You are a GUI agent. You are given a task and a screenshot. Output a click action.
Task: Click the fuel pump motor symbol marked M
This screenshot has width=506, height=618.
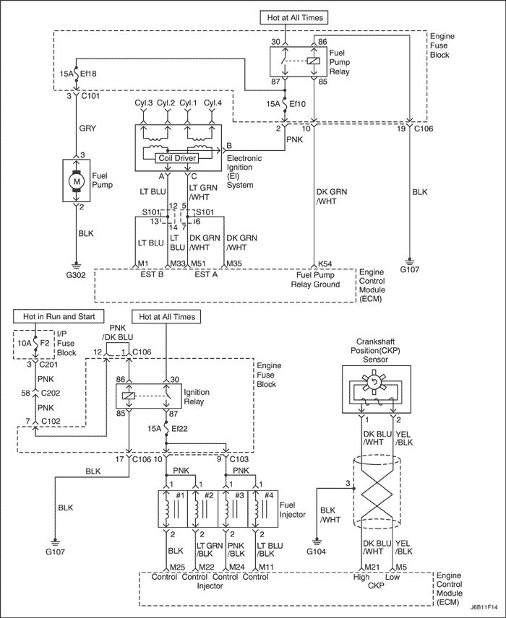[77, 181]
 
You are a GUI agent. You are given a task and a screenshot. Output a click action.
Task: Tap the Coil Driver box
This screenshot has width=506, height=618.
[177, 158]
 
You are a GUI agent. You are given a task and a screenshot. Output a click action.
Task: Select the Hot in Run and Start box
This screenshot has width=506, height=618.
[59, 316]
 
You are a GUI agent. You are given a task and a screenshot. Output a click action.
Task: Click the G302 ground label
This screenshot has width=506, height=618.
[76, 275]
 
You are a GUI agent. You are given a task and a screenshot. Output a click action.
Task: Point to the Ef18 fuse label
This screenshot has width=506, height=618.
[88, 74]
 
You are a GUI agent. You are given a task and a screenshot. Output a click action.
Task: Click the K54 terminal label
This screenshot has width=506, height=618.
[325, 264]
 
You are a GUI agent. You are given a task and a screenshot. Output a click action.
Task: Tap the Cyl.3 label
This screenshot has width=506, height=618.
[144, 103]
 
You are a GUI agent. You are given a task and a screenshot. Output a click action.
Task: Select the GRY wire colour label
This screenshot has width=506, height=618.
[87, 128]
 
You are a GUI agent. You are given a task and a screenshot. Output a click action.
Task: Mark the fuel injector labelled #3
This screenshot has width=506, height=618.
[233, 509]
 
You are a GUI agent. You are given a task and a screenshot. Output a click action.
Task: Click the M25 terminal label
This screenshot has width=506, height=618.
[177, 567]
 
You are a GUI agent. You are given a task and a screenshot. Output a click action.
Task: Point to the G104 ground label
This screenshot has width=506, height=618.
[316, 552]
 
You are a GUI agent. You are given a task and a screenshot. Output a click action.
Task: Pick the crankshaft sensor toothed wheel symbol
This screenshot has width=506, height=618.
[374, 381]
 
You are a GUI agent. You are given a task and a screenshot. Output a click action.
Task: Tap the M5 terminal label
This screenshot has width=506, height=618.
[401, 567]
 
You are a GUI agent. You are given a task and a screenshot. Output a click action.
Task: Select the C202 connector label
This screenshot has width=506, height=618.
[51, 393]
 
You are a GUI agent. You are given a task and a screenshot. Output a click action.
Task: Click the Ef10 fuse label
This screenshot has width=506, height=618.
[297, 104]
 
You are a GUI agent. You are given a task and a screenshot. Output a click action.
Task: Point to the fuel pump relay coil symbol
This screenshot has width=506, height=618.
[314, 61]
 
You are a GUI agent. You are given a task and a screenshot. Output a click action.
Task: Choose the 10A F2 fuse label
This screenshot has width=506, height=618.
[33, 343]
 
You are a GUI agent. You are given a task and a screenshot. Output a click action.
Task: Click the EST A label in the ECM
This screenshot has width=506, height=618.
[206, 274]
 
